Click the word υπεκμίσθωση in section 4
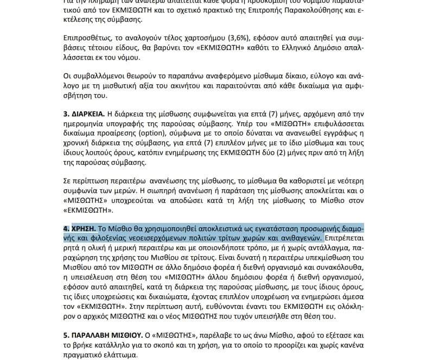[x=308, y=258]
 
